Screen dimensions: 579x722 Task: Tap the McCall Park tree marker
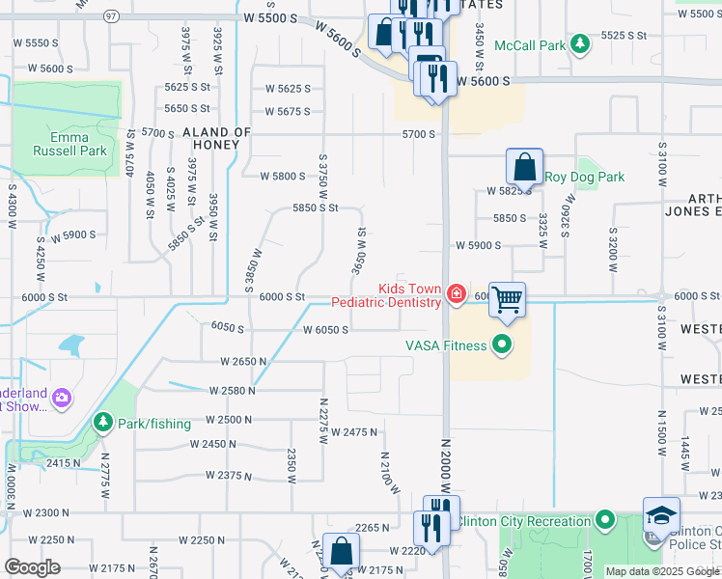(580, 44)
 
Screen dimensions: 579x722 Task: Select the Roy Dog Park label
(584, 177)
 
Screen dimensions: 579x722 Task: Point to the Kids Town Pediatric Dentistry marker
(457, 294)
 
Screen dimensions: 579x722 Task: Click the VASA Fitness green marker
(501, 344)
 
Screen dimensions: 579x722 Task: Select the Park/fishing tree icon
(102, 423)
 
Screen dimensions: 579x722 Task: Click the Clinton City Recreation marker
(605, 521)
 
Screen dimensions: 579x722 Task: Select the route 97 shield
(111, 16)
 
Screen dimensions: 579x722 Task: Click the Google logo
(32, 567)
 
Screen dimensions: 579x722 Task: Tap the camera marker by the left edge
(62, 398)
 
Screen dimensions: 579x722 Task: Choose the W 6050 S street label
(324, 330)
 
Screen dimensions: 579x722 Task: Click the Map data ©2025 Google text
(662, 571)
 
